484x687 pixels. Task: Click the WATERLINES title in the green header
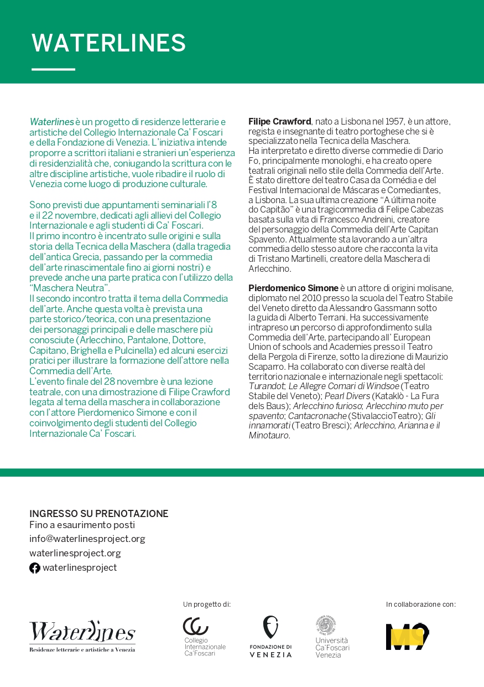tap(108, 43)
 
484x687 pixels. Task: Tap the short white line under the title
tap(53, 69)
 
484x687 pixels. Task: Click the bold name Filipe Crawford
tap(279, 121)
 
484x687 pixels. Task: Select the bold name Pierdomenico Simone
tap(293, 288)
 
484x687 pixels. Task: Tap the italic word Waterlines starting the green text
tap(51, 122)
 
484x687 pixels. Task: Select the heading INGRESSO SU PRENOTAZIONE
tap(98, 514)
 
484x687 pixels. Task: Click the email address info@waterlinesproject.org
tap(87, 539)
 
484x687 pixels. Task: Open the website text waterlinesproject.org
tap(75, 553)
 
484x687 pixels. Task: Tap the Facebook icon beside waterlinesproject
tap(35, 568)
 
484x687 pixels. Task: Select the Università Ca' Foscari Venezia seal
tap(327, 626)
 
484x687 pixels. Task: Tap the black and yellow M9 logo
tap(408, 637)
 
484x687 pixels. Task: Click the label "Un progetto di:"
tap(206, 604)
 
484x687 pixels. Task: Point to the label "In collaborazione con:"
tap(420, 604)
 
